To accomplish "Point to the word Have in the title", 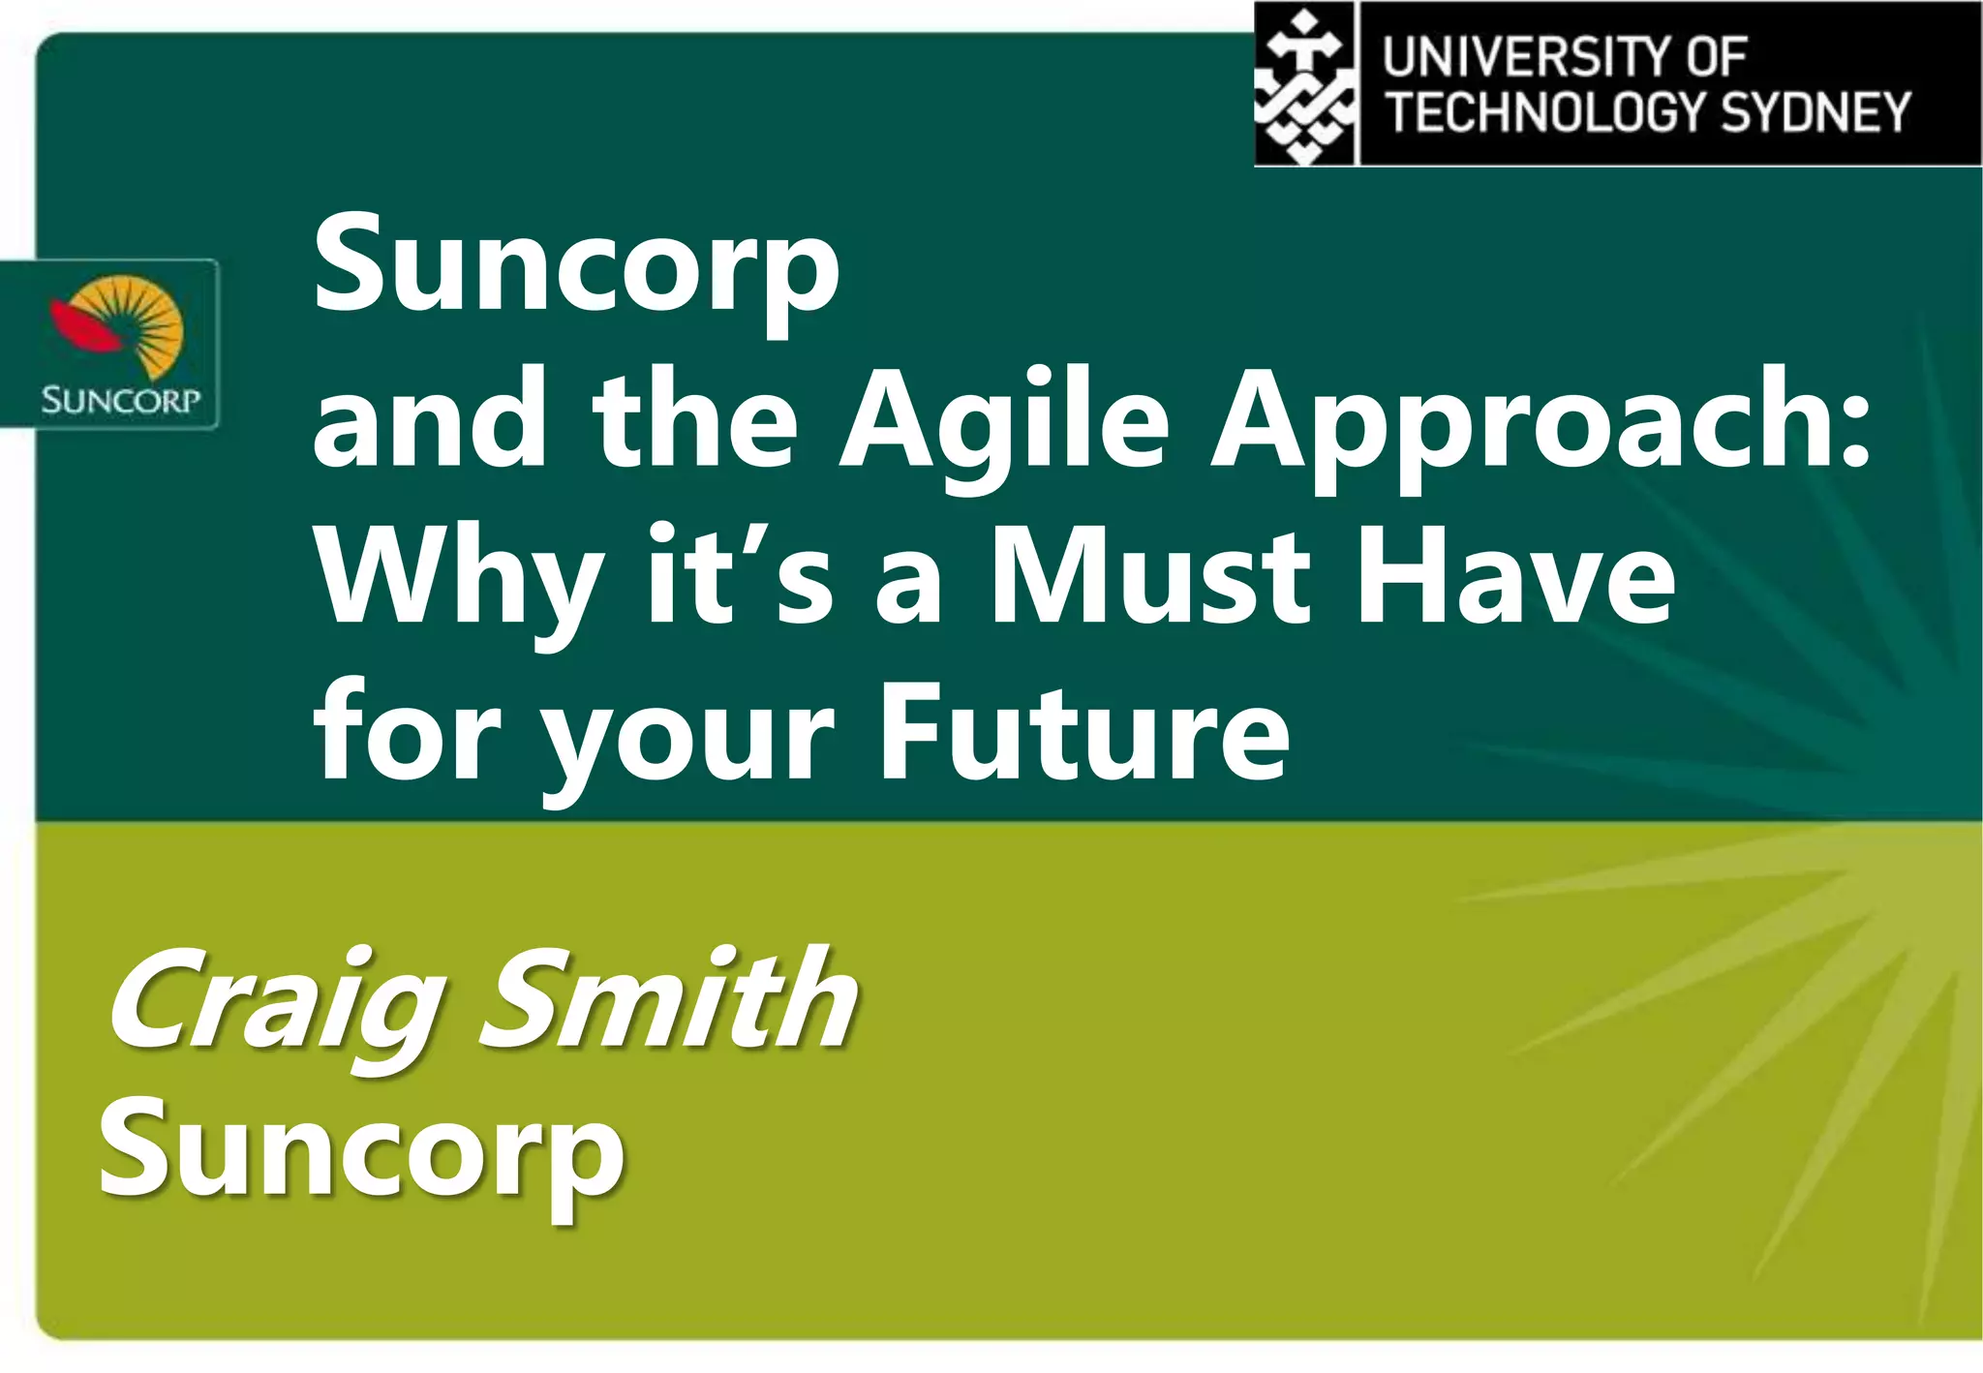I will (x=1515, y=579).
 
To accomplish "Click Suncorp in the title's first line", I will (x=576, y=267).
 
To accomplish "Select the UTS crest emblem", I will (x=1304, y=85).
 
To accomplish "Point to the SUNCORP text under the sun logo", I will (x=120, y=399).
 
